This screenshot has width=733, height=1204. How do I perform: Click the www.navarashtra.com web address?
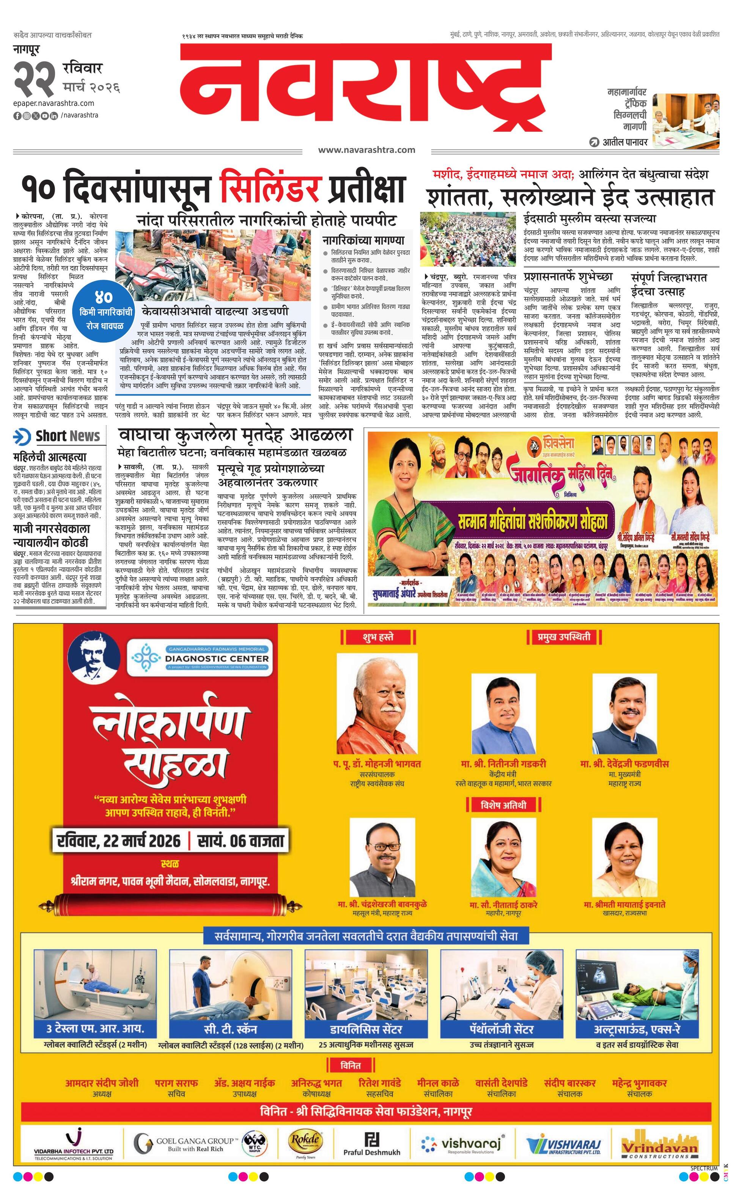(x=366, y=150)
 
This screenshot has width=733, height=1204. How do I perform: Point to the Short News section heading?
(x=59, y=436)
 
